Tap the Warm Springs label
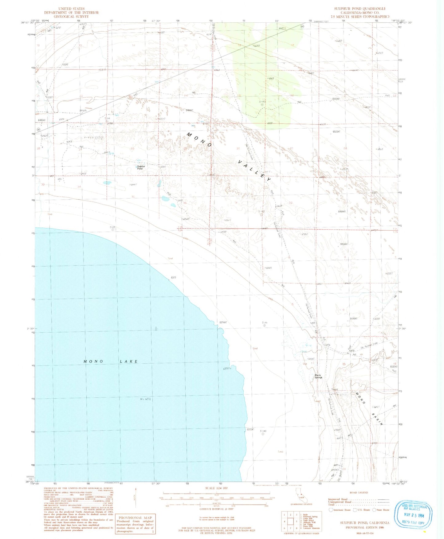tap(318, 376)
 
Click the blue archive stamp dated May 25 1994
tap(413, 515)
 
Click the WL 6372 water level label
tap(145, 399)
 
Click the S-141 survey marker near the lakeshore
tap(264, 323)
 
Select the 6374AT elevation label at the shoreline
tap(223, 322)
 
